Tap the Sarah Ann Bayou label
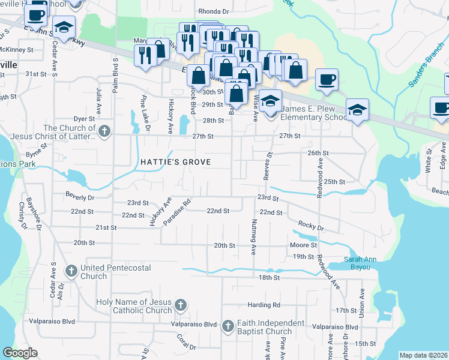[361, 263]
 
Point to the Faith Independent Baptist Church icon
[228, 327]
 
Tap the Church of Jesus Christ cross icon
[104, 131]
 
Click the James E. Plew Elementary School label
[313, 113]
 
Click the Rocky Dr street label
[311, 228]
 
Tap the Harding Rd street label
[268, 305]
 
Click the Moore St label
[303, 245]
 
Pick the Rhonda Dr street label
[213, 11]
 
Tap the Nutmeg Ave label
[253, 238]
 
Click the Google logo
[20, 352]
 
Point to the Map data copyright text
[423, 355]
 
